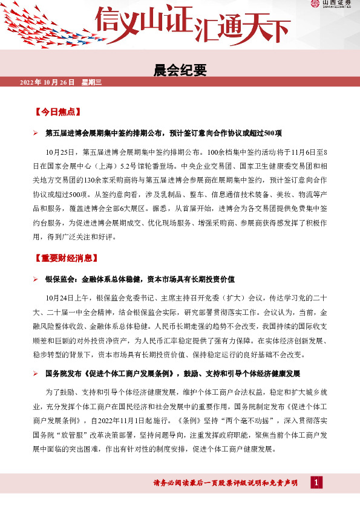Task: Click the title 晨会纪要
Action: (x=180, y=70)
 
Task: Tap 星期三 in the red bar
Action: (x=92, y=82)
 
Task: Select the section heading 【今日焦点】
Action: (x=58, y=112)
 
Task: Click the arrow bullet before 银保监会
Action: (x=36, y=279)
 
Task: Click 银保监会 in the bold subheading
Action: (x=60, y=279)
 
